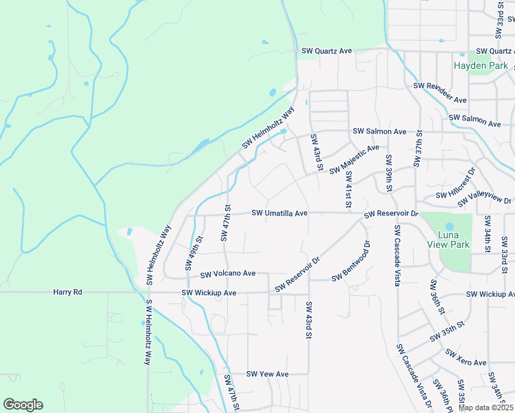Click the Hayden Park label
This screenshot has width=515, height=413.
click(x=481, y=66)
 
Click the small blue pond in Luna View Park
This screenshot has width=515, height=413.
click(x=450, y=226)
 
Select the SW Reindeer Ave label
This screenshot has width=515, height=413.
click(x=439, y=93)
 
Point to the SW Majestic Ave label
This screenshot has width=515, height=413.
click(x=354, y=159)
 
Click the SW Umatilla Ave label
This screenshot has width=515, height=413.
click(x=279, y=213)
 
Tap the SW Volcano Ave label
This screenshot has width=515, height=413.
click(x=228, y=273)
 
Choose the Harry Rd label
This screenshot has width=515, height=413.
click(x=67, y=293)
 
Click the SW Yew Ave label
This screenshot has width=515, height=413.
click(x=267, y=374)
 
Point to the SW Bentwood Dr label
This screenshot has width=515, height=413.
click(x=351, y=261)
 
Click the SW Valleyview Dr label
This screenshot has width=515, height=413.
click(x=485, y=197)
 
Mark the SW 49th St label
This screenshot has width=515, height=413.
click(x=193, y=252)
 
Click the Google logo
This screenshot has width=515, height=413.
click(x=23, y=405)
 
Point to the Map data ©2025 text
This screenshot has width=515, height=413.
click(x=485, y=407)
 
